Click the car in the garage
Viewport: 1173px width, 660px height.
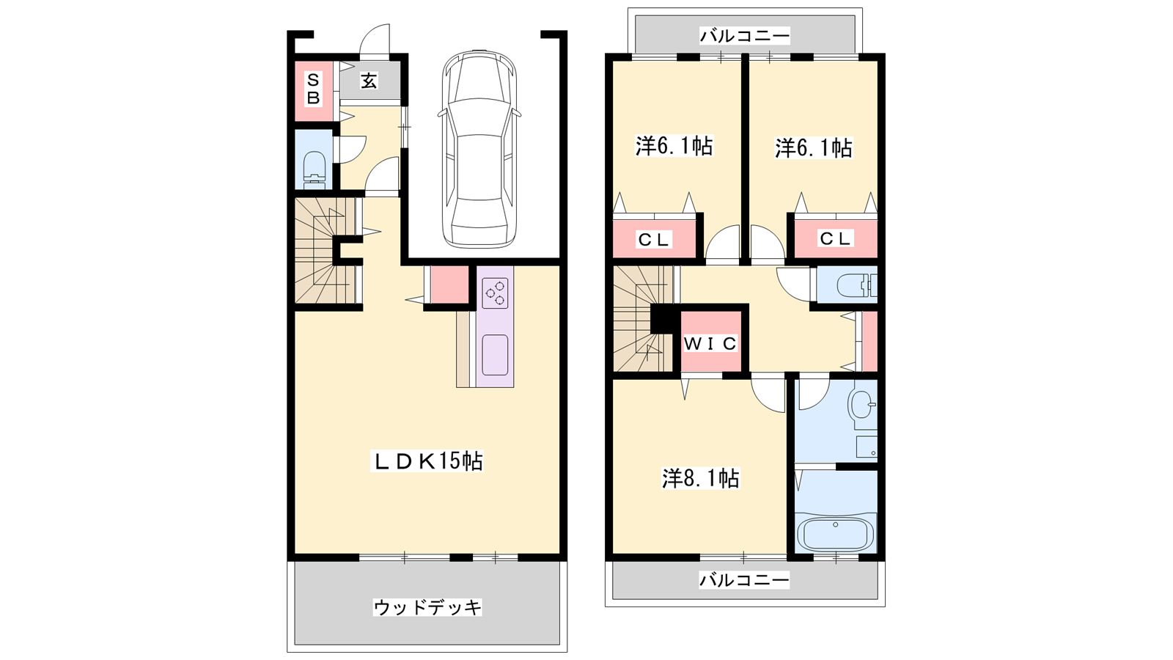click(x=479, y=149)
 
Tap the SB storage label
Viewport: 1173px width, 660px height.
click(x=313, y=89)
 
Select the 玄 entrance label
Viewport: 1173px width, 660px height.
click(x=369, y=81)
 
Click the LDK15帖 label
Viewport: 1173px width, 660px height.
click(x=426, y=461)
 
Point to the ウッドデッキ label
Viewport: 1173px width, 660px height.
click(x=427, y=608)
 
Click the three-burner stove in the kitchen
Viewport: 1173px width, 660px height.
click(x=495, y=293)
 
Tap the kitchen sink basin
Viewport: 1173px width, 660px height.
click(x=495, y=355)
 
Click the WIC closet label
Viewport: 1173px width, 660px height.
click(x=710, y=344)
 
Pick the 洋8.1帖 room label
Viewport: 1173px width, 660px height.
click(x=701, y=478)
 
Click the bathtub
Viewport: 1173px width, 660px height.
click(x=835, y=532)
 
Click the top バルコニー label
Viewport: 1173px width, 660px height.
click(x=745, y=36)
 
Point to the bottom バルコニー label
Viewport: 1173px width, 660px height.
click(x=744, y=580)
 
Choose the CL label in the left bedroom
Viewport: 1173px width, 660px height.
click(x=653, y=240)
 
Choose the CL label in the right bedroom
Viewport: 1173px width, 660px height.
click(x=835, y=239)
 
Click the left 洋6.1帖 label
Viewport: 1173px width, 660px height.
click(x=674, y=146)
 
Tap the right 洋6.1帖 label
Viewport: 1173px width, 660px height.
click(x=814, y=147)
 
